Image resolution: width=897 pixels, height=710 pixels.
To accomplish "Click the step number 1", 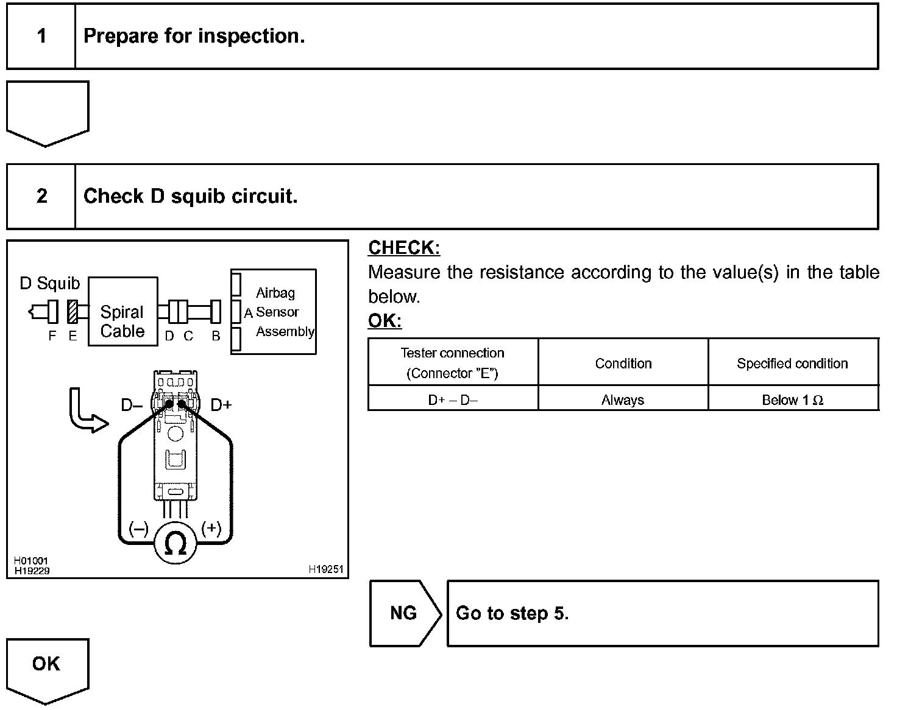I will [41, 36].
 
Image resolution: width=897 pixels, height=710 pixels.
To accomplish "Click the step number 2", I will [41, 196].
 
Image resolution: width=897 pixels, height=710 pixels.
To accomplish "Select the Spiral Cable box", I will [122, 311].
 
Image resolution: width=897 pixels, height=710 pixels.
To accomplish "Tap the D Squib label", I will [50, 283].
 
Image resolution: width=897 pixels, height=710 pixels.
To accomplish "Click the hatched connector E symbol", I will [73, 312].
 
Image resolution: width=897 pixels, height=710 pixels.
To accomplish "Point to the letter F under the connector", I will [52, 336].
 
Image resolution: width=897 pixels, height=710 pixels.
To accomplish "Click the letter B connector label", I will [216, 336].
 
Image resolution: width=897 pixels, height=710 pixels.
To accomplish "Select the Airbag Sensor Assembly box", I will [274, 311].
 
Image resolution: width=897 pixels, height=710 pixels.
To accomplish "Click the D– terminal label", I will [132, 405].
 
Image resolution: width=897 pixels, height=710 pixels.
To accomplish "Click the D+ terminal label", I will [221, 405].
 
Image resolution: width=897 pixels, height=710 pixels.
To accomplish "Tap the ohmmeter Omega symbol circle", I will [175, 543].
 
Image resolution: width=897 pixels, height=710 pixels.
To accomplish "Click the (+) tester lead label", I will [211, 528].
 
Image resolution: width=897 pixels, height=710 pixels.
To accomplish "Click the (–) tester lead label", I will [138, 528].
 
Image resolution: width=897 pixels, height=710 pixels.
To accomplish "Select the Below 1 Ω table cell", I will [793, 400].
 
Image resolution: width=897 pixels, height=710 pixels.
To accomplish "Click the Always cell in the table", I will [623, 400].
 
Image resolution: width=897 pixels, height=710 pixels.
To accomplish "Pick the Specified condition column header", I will [793, 364].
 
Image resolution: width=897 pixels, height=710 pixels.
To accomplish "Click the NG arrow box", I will [403, 613].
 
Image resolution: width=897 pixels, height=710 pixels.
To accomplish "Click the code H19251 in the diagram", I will [326, 570].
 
